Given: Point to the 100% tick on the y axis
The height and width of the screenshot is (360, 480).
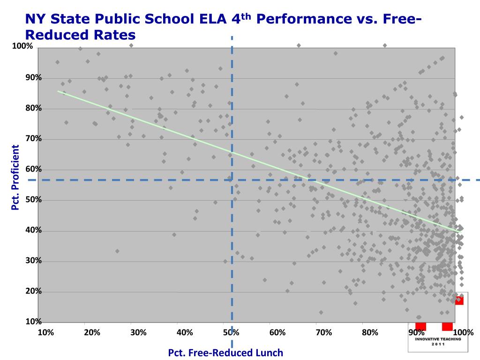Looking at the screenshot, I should click(x=22, y=46).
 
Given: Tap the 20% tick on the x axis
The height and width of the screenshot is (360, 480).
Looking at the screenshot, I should click(x=92, y=333).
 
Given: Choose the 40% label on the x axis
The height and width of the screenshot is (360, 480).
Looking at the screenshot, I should click(x=185, y=333).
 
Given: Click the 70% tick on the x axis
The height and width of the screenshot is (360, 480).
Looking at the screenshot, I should click(x=324, y=333).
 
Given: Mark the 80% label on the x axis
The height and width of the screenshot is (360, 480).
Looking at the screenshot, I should click(x=370, y=333).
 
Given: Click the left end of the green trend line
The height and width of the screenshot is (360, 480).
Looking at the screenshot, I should click(x=59, y=91).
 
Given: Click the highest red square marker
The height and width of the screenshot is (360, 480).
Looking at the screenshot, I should click(x=459, y=300).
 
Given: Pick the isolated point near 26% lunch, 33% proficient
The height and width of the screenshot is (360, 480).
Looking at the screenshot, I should click(x=117, y=251).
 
